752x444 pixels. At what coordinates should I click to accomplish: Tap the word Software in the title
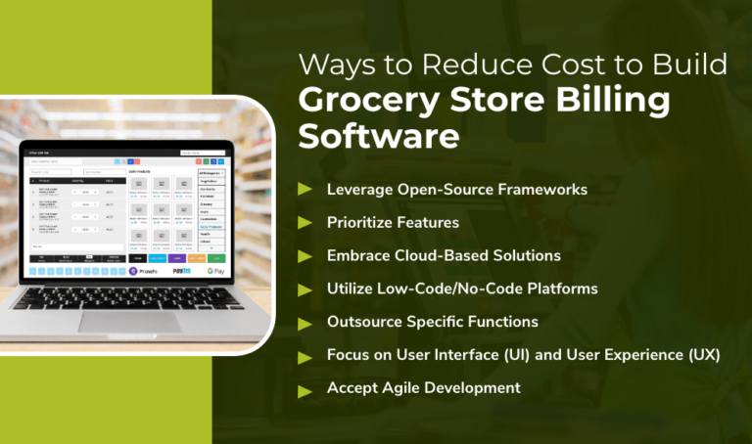(378, 136)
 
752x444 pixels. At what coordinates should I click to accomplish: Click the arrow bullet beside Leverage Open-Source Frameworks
(305, 189)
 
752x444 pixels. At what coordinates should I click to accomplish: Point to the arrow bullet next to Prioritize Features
(305, 222)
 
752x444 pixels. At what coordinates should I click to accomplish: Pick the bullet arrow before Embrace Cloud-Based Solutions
(305, 255)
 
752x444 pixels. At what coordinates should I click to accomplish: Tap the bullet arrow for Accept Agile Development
(305, 388)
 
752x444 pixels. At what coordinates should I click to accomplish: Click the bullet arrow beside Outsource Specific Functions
(305, 322)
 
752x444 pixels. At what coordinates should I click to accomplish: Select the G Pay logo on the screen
(216, 271)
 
